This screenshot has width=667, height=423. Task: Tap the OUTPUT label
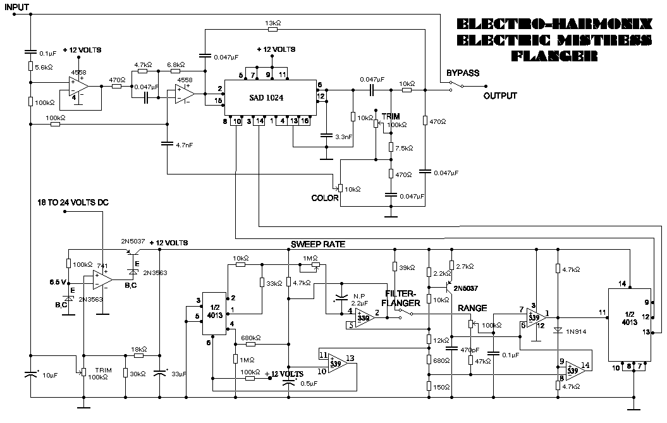pos(500,96)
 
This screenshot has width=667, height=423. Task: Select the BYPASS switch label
pos(462,73)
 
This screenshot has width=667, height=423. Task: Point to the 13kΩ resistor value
pos(273,23)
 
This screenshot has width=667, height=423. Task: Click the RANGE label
pos(473,309)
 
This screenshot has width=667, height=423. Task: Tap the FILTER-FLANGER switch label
pos(401,298)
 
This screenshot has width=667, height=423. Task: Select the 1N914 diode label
pos(577,331)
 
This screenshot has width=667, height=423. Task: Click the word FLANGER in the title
pos(554,56)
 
